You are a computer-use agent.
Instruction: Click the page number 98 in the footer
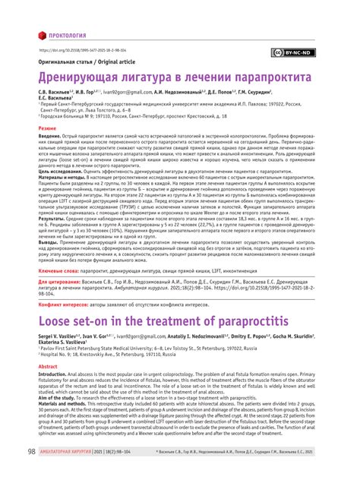pos(31,473)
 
